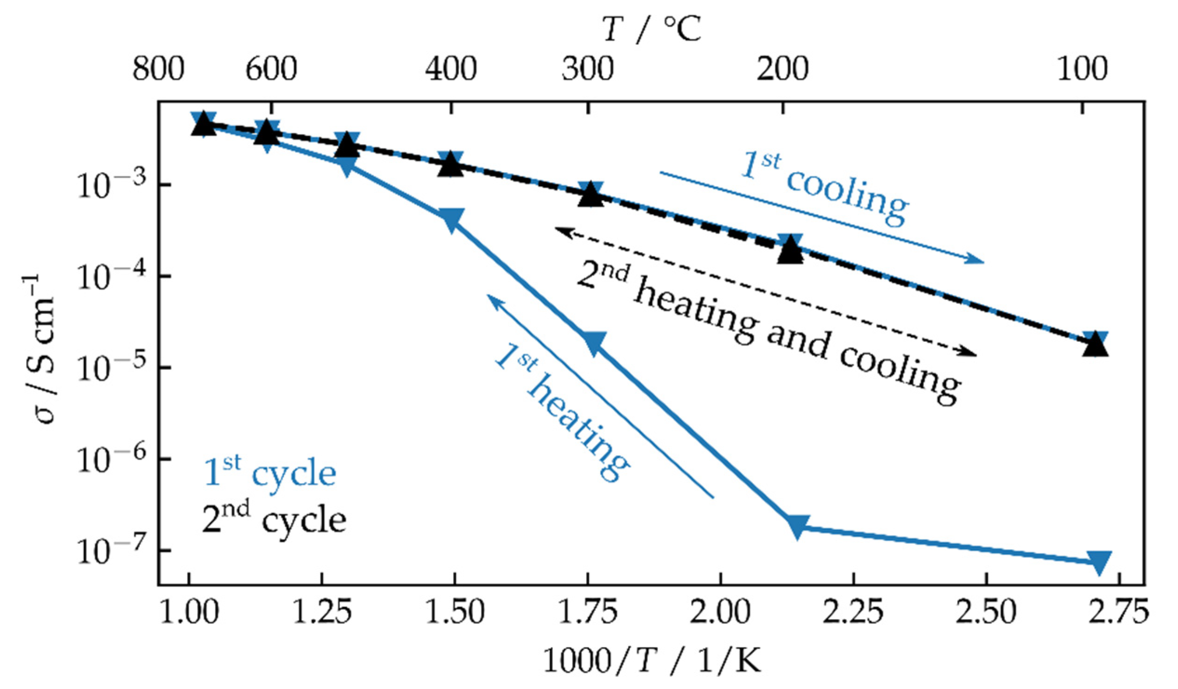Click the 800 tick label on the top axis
click(x=158, y=70)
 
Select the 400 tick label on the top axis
click(x=451, y=70)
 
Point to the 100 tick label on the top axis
click(x=1082, y=70)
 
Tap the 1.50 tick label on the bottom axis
click(x=454, y=612)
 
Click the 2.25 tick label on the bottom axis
click(x=853, y=612)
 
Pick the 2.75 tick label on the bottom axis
click(x=1118, y=612)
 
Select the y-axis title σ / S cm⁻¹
click(x=38, y=348)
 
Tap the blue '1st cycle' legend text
click(x=270, y=473)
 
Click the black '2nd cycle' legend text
click(x=274, y=520)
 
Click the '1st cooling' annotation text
click(x=825, y=189)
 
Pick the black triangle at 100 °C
click(x=1095, y=346)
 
